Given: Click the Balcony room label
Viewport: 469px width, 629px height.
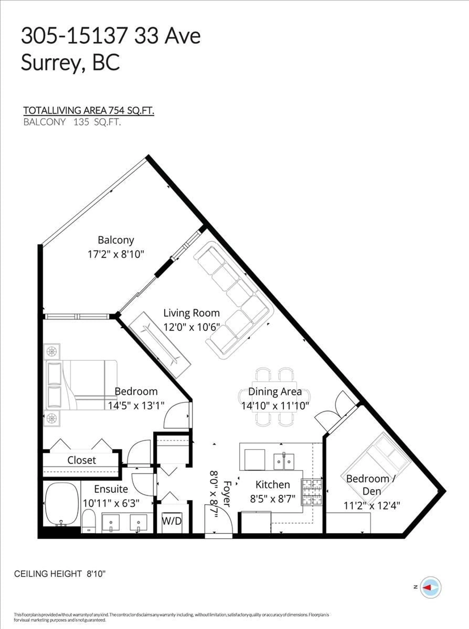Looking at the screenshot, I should tap(116, 240).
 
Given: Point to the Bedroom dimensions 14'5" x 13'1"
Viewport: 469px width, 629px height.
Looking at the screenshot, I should tap(136, 406).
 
